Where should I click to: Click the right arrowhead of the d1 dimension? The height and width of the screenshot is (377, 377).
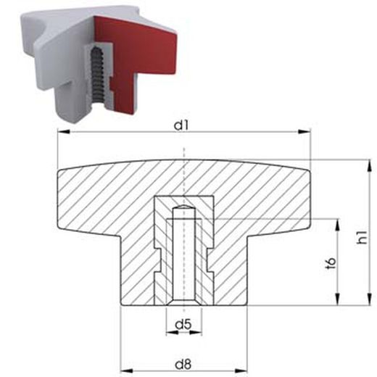pos(306,133)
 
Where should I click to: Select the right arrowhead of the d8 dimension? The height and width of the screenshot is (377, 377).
pos(249,366)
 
